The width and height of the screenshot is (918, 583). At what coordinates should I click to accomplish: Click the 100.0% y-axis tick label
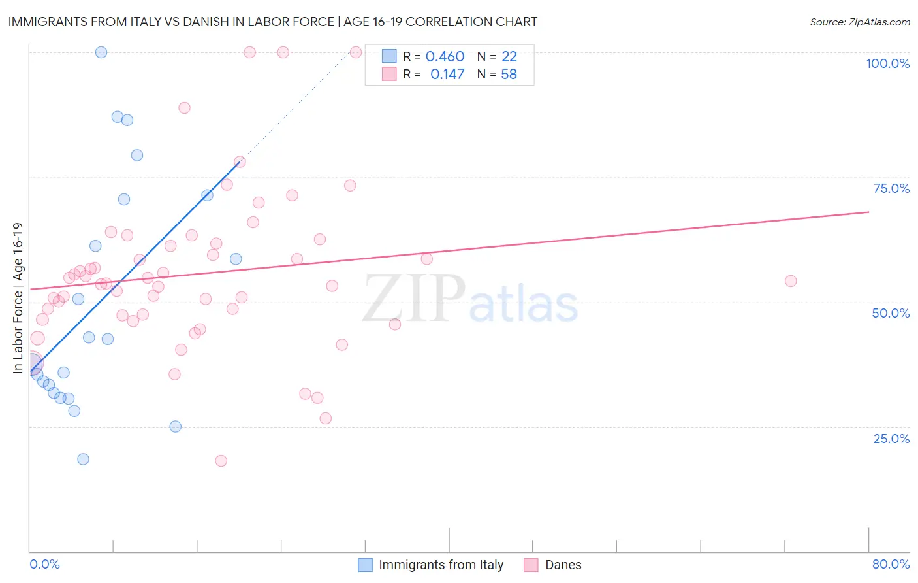(887, 63)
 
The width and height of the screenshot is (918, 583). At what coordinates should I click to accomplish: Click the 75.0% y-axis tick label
(891, 188)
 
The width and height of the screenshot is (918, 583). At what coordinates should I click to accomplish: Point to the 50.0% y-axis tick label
(891, 313)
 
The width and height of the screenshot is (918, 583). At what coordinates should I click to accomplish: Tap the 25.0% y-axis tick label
(891, 439)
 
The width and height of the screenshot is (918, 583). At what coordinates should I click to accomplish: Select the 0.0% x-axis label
(44, 564)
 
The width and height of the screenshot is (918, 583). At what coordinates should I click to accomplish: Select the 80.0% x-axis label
(891, 564)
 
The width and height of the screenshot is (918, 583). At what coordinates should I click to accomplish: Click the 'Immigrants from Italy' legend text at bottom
(441, 565)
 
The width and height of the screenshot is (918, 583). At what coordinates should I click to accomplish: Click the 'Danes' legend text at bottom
(563, 565)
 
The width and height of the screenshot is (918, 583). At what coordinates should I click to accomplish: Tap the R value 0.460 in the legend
(445, 57)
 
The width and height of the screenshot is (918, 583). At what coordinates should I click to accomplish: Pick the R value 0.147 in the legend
(447, 75)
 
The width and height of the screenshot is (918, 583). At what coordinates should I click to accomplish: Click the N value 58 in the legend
(509, 75)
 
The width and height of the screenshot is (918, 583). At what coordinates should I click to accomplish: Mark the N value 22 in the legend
(509, 57)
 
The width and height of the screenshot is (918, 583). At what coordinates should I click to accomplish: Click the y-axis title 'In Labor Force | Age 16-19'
(18, 298)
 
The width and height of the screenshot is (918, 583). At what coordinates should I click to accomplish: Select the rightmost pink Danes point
(791, 281)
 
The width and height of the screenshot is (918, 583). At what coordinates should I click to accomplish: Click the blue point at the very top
(101, 52)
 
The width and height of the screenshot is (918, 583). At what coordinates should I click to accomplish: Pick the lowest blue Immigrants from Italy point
(83, 459)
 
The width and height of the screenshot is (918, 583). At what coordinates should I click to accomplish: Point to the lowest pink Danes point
(221, 461)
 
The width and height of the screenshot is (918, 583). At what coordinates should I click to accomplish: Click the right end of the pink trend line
(868, 212)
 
